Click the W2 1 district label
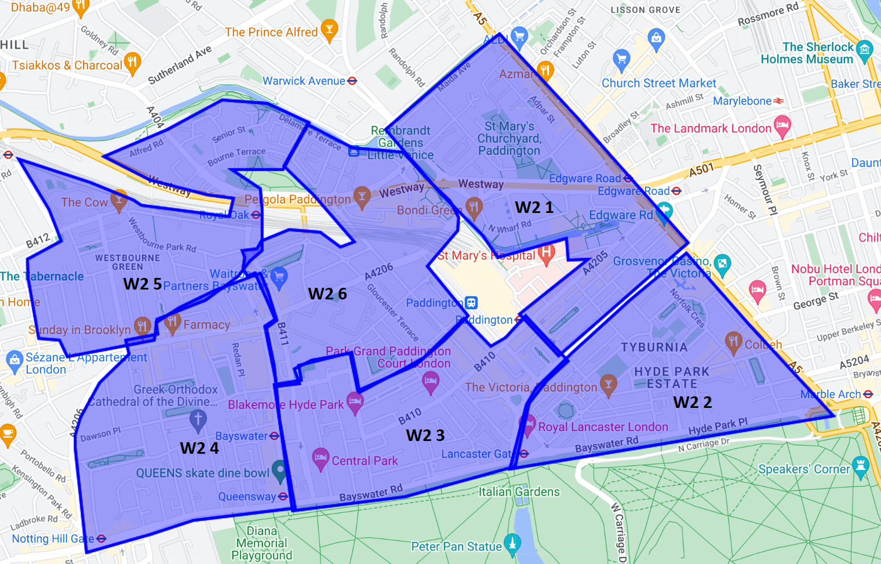tap(534, 207)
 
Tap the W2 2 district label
tap(692, 402)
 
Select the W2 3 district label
tap(425, 435)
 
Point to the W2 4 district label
tap(199, 448)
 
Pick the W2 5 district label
tap(142, 284)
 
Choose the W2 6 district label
tap(327, 294)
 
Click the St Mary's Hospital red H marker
tap(546, 253)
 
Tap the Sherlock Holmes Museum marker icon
tap(864, 50)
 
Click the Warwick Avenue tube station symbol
tap(352, 81)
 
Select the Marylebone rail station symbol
tap(778, 101)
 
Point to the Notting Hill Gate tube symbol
tap(101, 538)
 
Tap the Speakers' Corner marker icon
tap(861, 467)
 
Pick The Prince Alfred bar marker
tap(329, 30)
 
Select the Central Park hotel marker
tap(320, 458)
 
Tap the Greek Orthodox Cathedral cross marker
tap(198, 420)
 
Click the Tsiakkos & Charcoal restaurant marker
tap(133, 63)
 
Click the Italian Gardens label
tap(519, 492)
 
